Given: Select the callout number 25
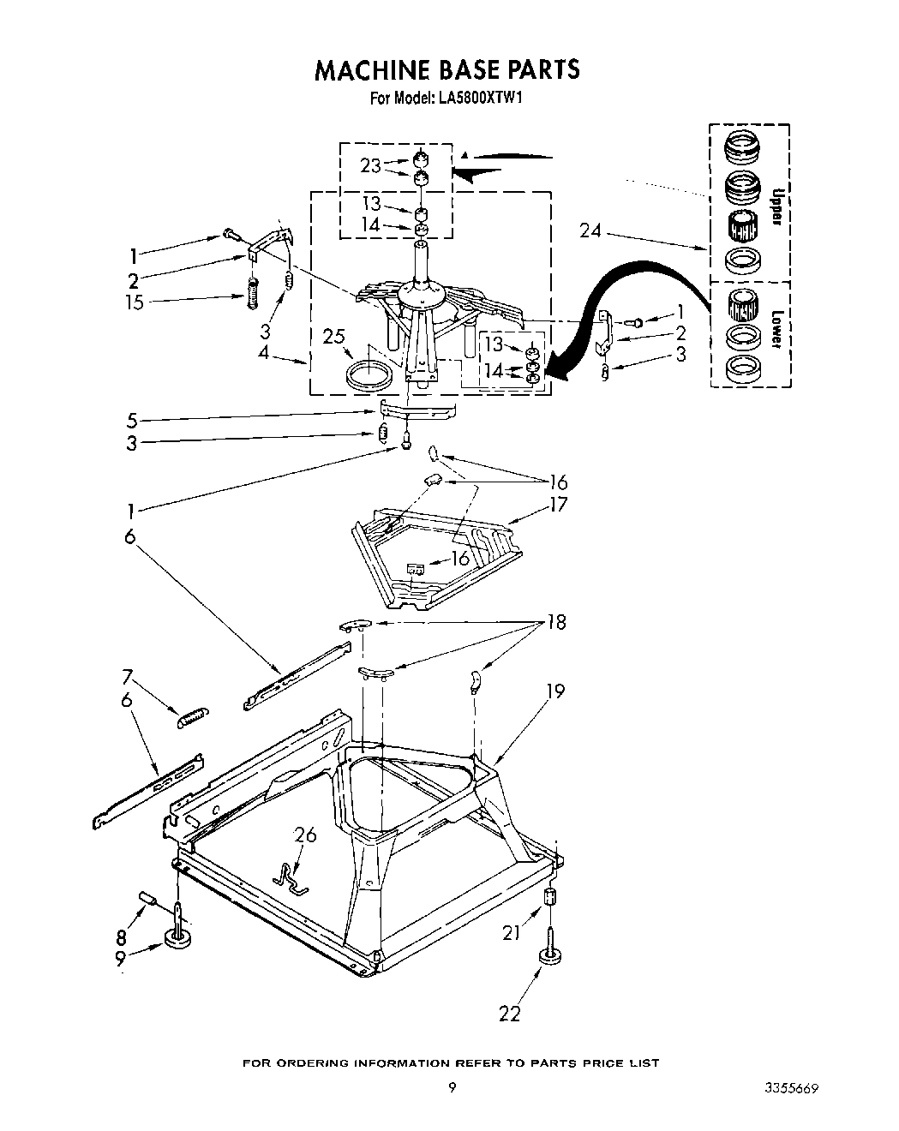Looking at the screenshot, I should point(335,337).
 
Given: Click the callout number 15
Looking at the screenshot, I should point(135,302).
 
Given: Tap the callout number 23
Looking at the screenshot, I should point(370,165).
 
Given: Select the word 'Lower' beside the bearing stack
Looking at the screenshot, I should point(776,328).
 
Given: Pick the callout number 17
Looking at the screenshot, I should point(558,504).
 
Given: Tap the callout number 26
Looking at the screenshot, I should point(305,834).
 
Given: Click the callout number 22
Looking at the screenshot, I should point(510,1014).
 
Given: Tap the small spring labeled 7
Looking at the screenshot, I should point(192,716).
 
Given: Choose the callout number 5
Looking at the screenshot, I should point(132,420).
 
